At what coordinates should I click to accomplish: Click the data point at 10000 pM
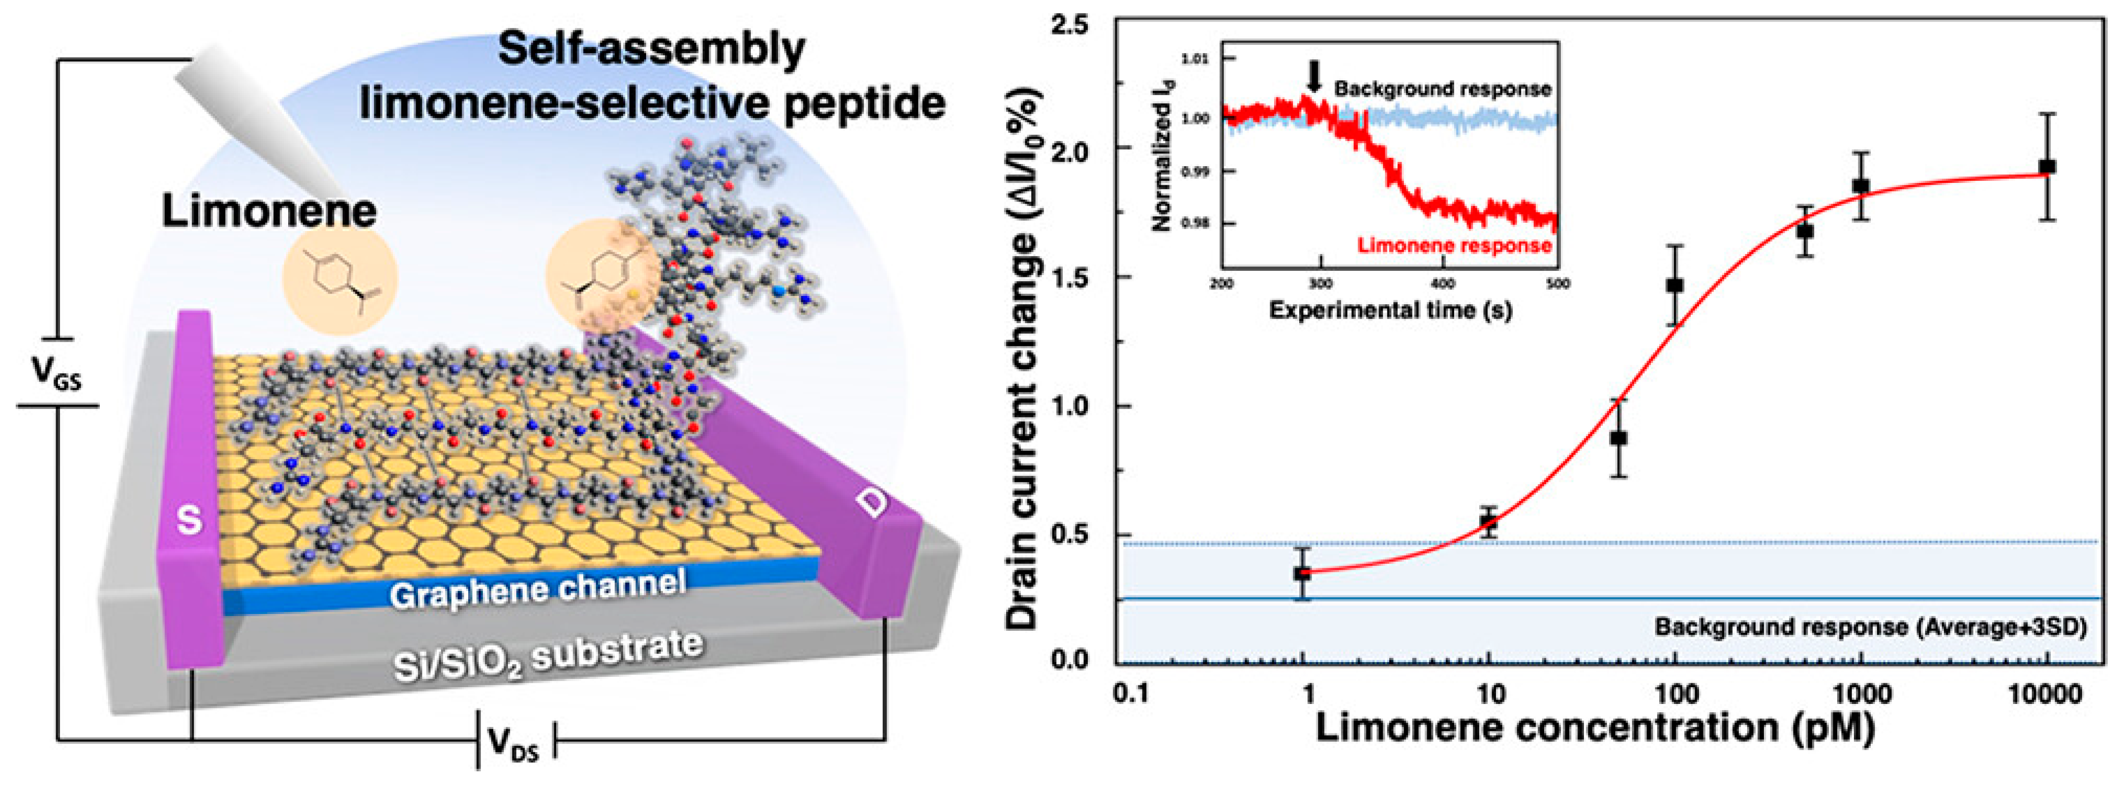2047,167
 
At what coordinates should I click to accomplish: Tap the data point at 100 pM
1674,286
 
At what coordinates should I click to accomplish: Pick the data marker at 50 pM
1618,438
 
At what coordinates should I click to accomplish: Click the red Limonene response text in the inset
1454,245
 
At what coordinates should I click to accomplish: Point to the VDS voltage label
514,745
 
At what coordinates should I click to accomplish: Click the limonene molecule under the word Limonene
340,280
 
